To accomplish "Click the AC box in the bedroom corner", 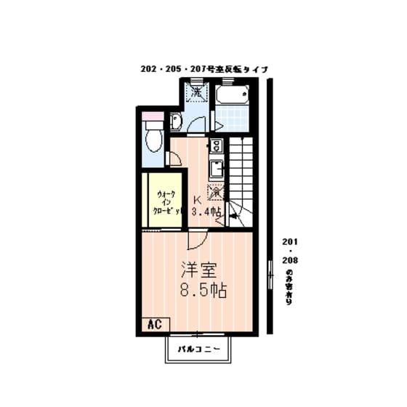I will (154, 323).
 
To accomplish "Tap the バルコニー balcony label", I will (202, 349).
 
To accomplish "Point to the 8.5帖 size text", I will (203, 291).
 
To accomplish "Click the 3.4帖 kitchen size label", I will (206, 212).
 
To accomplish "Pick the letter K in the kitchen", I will (197, 201).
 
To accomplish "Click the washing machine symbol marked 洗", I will (195, 92).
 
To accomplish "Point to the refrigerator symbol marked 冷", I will (215, 192).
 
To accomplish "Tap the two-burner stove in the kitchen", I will (216, 147).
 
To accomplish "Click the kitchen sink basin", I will (216, 169).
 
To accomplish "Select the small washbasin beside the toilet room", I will (175, 121).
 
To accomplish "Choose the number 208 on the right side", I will (289, 259).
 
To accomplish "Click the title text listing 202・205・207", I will (206, 69).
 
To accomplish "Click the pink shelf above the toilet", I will (153, 114).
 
